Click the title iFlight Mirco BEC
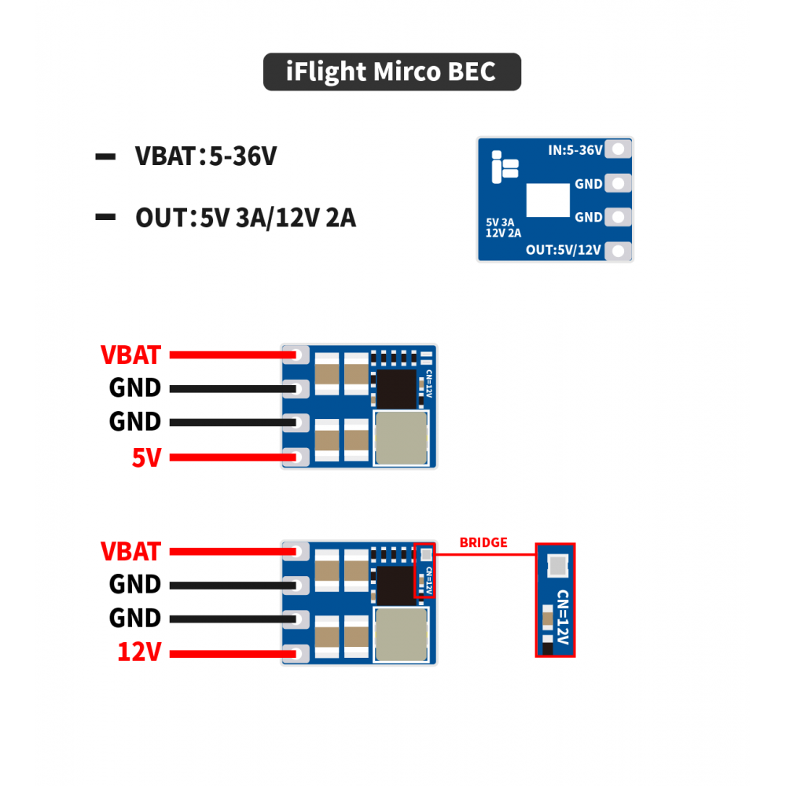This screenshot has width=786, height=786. pyautogui.click(x=391, y=72)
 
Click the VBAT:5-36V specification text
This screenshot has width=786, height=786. pyautogui.click(x=206, y=156)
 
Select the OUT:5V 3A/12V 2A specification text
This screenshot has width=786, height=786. pyautogui.click(x=245, y=218)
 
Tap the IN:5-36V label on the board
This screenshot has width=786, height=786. pyautogui.click(x=575, y=150)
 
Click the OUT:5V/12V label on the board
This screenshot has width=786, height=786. pyautogui.click(x=564, y=250)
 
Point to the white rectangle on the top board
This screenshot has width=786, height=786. pyautogui.click(x=548, y=200)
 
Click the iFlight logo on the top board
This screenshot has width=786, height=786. pyautogui.click(x=504, y=166)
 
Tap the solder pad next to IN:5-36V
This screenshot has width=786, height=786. pyautogui.click(x=620, y=149)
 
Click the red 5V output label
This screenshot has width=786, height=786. pyautogui.click(x=145, y=457)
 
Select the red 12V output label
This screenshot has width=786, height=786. pyautogui.click(x=139, y=652)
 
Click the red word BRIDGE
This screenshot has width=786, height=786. pyautogui.click(x=483, y=542)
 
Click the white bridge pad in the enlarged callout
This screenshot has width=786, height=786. pyautogui.click(x=556, y=564)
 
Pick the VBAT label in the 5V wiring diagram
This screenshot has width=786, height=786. pyautogui.click(x=130, y=355)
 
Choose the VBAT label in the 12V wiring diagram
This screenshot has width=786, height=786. pyautogui.click(x=130, y=552)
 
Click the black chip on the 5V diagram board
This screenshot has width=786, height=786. pyautogui.click(x=396, y=388)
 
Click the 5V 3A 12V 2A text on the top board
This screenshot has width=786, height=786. pyautogui.click(x=504, y=228)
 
